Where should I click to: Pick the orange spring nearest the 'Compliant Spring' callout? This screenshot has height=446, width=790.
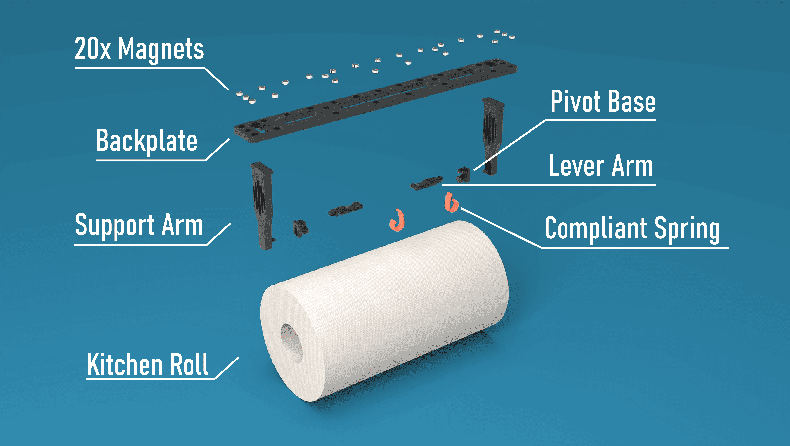[451, 202]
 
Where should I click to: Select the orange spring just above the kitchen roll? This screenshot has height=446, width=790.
[397, 220]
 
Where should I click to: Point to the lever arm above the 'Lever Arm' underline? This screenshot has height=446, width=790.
[426, 183]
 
